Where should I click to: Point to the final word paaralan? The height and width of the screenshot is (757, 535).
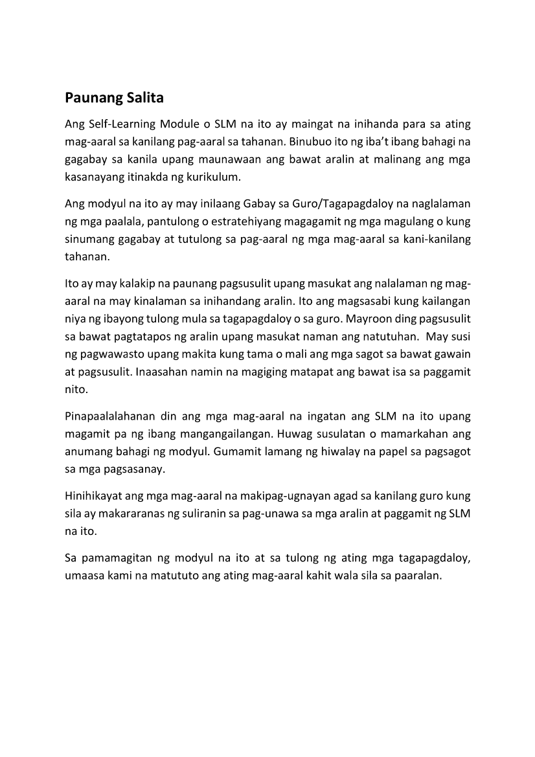(415, 575)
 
